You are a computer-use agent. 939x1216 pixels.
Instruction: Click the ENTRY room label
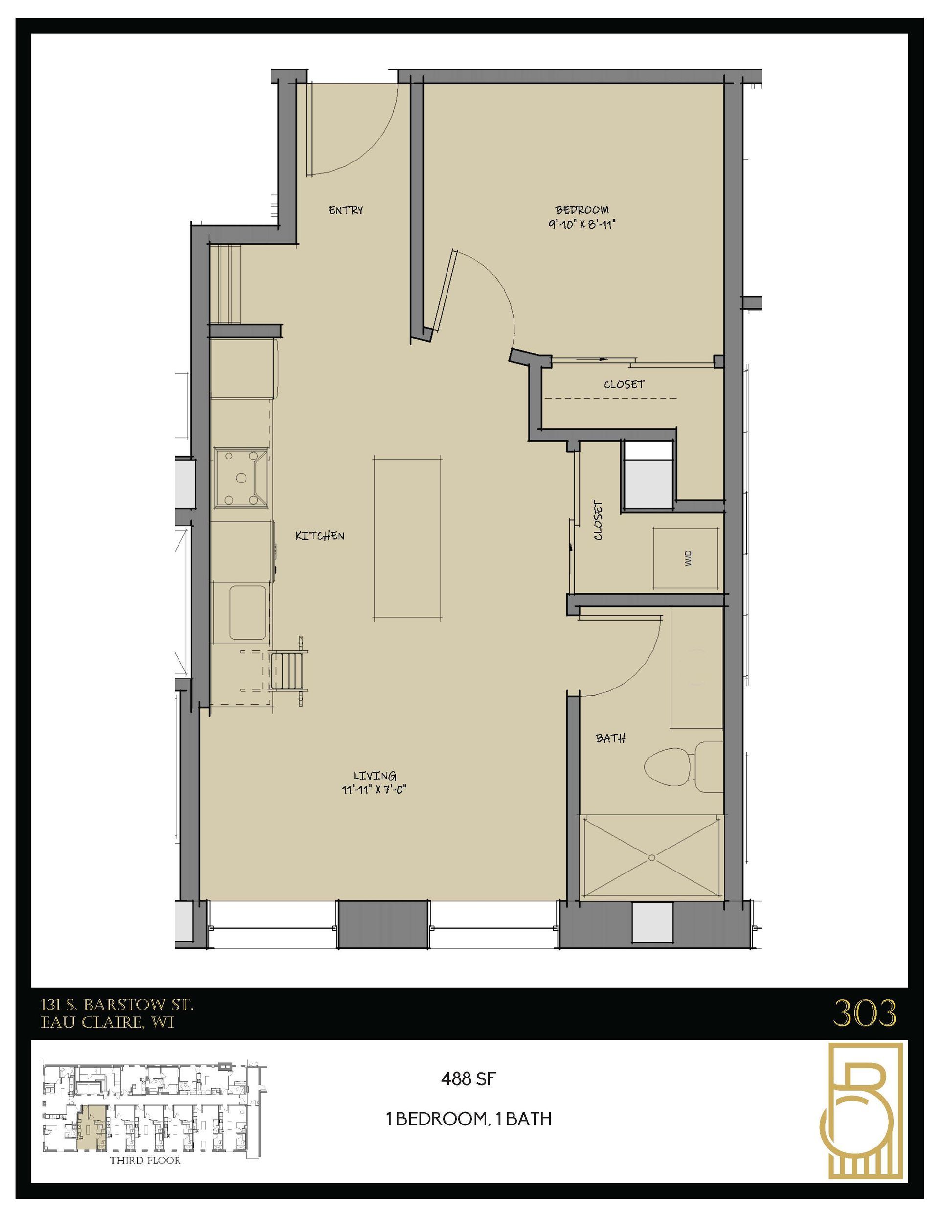(x=345, y=210)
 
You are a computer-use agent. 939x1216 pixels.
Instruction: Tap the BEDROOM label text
(x=581, y=210)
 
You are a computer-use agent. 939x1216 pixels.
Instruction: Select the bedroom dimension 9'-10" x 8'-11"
(x=581, y=225)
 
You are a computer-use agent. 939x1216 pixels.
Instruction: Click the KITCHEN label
(x=319, y=536)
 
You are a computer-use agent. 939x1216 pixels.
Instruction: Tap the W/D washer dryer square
(x=686, y=558)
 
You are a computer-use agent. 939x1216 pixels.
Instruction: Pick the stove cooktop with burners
(x=242, y=478)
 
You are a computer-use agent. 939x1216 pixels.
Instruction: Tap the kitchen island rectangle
(x=408, y=538)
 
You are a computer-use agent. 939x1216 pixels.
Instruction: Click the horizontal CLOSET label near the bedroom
(x=624, y=384)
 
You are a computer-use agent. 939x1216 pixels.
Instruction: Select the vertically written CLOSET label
(x=598, y=520)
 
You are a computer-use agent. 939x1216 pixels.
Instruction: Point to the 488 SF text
(x=468, y=1079)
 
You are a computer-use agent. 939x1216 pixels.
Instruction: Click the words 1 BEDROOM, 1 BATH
(x=469, y=1119)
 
